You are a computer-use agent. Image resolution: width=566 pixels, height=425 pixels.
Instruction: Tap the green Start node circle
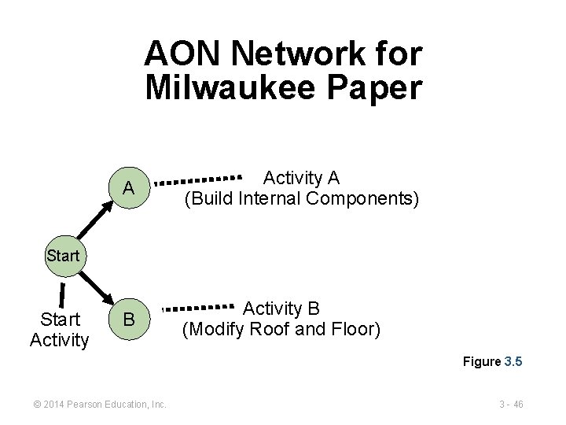62,255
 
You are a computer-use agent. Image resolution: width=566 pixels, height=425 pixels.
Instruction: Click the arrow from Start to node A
93,222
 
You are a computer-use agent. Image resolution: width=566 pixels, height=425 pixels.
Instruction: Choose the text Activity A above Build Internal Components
301,177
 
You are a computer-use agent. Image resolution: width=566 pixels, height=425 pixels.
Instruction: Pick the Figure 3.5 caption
493,362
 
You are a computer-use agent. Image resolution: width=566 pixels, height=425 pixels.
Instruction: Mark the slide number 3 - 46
510,405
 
